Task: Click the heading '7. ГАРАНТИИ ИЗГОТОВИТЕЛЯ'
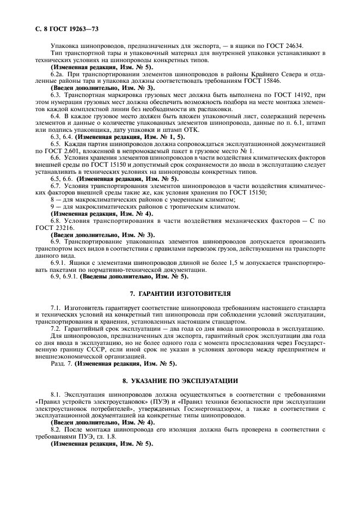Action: coord(180,293)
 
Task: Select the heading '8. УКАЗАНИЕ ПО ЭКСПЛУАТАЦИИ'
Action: coord(180,379)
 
